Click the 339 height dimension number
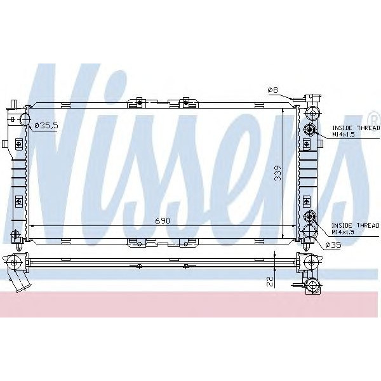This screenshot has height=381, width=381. click(278, 173)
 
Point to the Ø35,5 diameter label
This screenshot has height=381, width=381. click(46, 126)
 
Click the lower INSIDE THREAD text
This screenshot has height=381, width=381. click(355, 225)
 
